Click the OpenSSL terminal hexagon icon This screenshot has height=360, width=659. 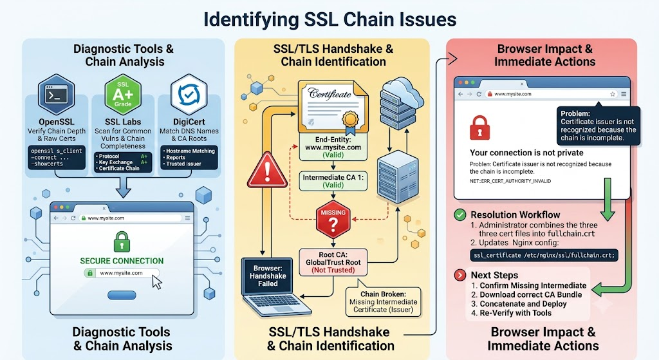57,95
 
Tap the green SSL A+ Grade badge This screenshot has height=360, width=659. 123,95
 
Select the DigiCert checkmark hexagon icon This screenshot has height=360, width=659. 189,95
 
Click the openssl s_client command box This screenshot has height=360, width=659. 57,157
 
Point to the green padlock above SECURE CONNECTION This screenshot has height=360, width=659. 122,242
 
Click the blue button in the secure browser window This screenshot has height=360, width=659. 122,295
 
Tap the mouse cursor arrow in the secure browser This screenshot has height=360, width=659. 156,282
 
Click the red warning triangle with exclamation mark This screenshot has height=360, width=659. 267,171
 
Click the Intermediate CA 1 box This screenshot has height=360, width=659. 333,181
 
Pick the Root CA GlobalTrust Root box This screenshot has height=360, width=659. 333,262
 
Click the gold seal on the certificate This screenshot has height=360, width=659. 349,120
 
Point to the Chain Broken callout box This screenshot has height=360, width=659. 384,301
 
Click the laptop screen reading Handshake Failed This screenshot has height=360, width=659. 268,276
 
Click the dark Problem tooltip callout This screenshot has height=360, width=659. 599,126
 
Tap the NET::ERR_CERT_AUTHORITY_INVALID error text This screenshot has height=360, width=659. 510,181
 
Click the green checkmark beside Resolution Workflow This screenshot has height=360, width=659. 460,215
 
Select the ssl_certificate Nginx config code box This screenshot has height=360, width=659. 544,255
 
